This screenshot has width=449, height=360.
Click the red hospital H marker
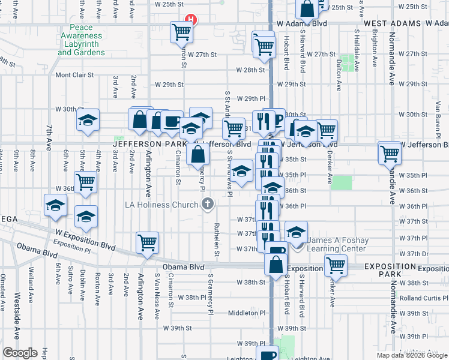click(x=191, y=19)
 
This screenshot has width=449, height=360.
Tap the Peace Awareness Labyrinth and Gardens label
click(x=82, y=40)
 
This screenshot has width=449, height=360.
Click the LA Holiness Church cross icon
click(x=208, y=205)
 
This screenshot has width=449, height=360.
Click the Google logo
click(x=19, y=352)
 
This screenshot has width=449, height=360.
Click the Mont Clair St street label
click(x=74, y=75)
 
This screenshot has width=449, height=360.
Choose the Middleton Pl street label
click(x=247, y=313)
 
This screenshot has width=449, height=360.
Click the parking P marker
click(x=277, y=119)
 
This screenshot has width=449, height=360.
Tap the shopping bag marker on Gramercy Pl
click(x=197, y=154)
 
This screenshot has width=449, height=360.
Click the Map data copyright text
click(x=411, y=355)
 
